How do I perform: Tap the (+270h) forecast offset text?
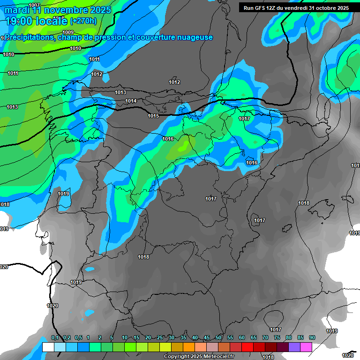click(x=83, y=21)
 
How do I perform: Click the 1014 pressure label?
click(x=131, y=101)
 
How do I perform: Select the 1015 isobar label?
click(x=153, y=116)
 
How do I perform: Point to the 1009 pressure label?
click(x=68, y=45)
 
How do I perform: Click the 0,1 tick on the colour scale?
click(x=55, y=338)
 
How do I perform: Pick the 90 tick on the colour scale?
click(x=312, y=338)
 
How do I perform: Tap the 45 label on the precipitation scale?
click(x=207, y=338)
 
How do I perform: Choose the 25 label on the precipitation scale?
click(x=160, y=338)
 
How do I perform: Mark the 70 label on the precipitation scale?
click(x=265, y=338)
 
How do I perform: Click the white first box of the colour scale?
click(x=48, y=347)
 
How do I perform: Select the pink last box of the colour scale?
click(x=306, y=347)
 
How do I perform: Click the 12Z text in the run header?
click(x=276, y=8)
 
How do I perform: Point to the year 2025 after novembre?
click(x=100, y=10)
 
